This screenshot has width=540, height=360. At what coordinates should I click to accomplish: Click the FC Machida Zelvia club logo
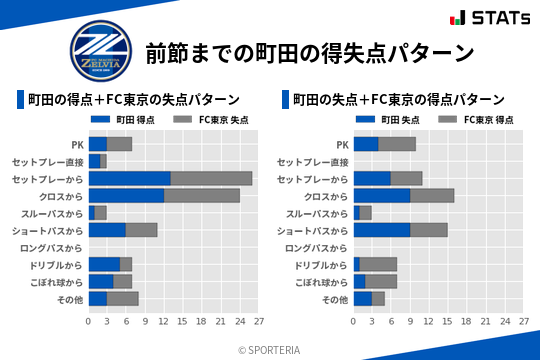pyautogui.click(x=99, y=51)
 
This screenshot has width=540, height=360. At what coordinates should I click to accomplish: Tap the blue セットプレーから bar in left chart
pyautogui.click(x=129, y=178)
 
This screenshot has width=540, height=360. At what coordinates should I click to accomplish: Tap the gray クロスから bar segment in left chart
pyautogui.click(x=201, y=195)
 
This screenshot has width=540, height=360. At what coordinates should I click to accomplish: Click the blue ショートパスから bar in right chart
pyautogui.click(x=381, y=230)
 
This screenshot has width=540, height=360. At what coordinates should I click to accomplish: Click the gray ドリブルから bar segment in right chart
pyautogui.click(x=378, y=264)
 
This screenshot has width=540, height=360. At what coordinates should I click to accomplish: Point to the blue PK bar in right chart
pyautogui.click(x=365, y=144)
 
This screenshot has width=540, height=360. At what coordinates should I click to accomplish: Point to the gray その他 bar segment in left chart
pyautogui.click(x=122, y=298)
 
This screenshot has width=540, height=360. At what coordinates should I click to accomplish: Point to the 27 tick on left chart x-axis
pyautogui.click(x=258, y=322)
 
